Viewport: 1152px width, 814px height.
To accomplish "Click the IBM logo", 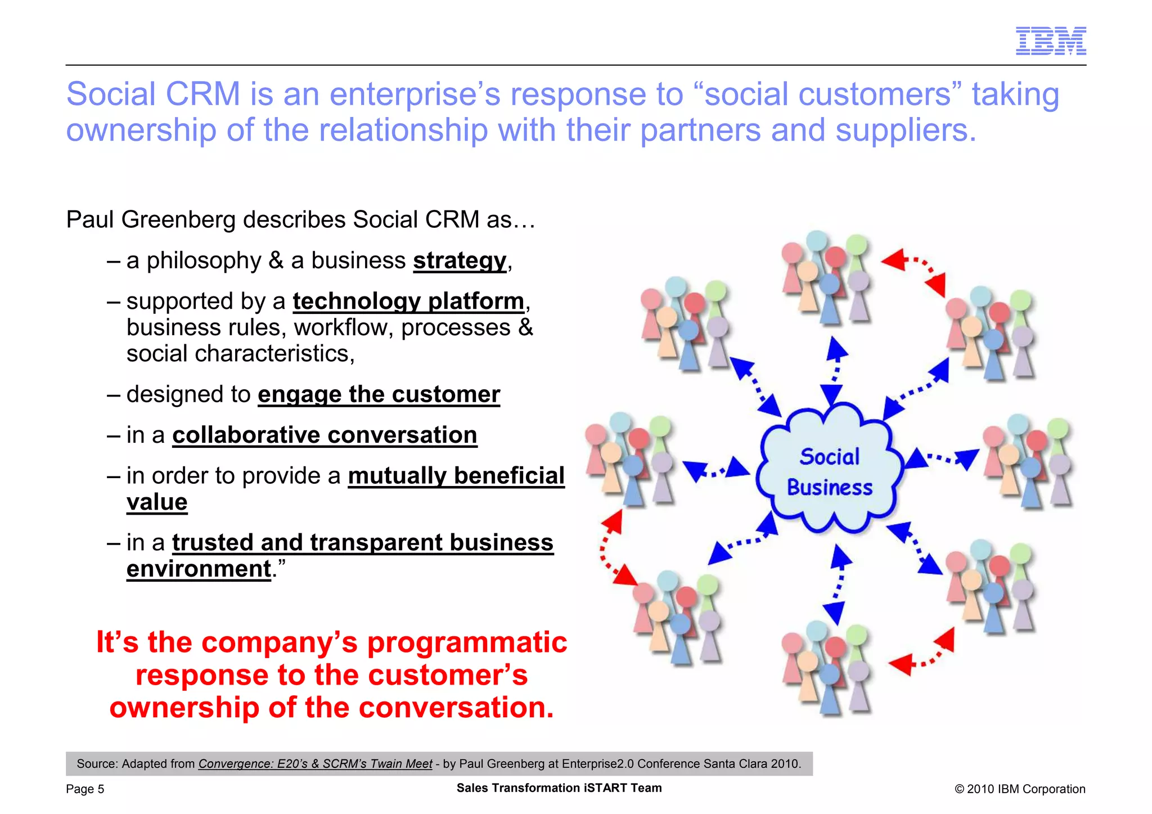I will (x=1050, y=41).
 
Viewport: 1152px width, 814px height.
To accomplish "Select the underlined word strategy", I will (x=460, y=260).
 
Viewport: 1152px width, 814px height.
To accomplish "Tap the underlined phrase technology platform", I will (x=408, y=302).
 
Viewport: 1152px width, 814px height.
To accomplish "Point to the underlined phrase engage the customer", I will (x=379, y=394).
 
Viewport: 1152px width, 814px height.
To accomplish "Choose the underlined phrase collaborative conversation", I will (x=325, y=435).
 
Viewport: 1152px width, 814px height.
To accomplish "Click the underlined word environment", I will (x=199, y=569).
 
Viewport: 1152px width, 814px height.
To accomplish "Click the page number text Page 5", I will (x=85, y=789).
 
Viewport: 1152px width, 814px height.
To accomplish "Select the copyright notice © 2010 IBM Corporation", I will (x=1019, y=789).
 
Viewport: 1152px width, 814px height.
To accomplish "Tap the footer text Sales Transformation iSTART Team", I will (x=559, y=788).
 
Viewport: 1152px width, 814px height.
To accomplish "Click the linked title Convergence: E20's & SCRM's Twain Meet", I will (x=315, y=764).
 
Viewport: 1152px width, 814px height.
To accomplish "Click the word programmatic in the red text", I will (x=467, y=642).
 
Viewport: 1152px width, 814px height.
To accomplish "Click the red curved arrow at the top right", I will (x=916, y=271).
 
